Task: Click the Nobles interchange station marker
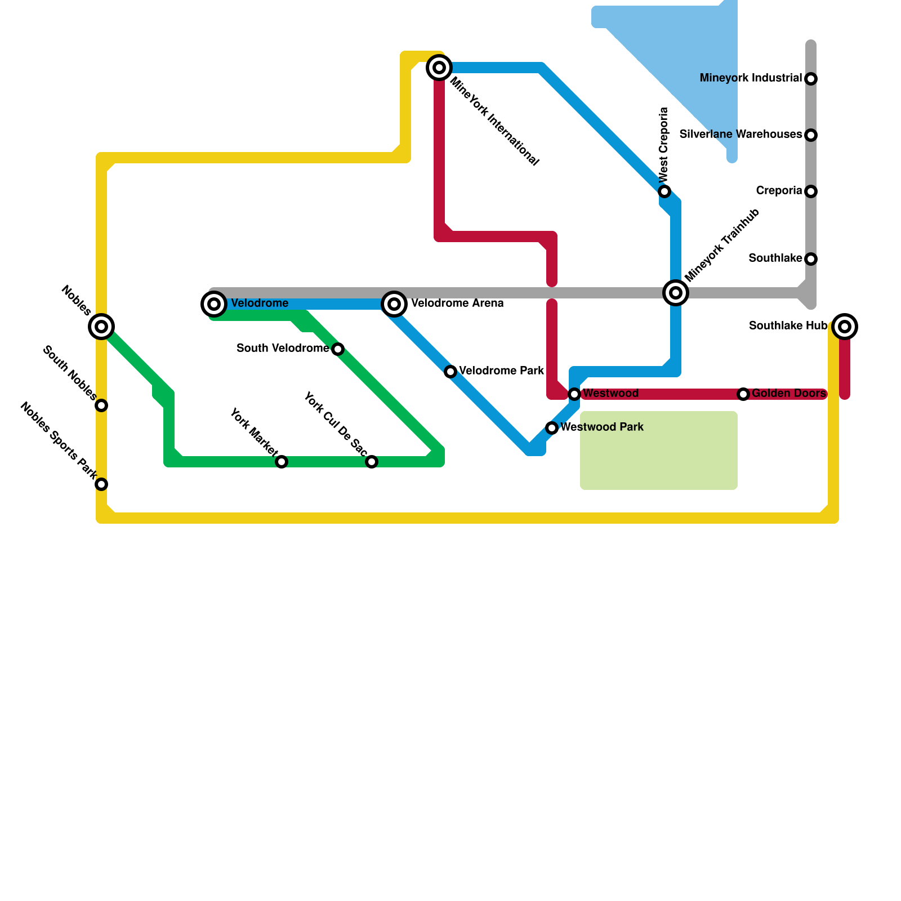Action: tap(101, 326)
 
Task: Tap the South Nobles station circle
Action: tap(101, 405)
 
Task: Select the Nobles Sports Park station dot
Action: tap(101, 484)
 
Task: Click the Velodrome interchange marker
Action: tap(214, 304)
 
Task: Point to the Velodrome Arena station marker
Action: tap(394, 304)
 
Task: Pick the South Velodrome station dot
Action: tap(338, 349)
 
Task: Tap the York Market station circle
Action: tap(282, 462)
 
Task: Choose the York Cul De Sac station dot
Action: tap(372, 462)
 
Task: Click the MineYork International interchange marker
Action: tap(439, 68)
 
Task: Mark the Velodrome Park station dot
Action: tap(450, 372)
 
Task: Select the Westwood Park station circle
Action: tap(552, 428)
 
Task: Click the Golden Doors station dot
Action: tap(743, 394)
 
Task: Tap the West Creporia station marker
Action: tap(664, 191)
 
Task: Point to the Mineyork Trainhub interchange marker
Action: tap(676, 292)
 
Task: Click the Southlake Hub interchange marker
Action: tap(845, 326)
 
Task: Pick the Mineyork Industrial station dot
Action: tap(811, 79)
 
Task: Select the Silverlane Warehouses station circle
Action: tap(811, 135)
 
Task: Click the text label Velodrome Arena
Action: tap(457, 304)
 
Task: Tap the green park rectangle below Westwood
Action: tap(659, 450)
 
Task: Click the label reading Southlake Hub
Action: tap(788, 326)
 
